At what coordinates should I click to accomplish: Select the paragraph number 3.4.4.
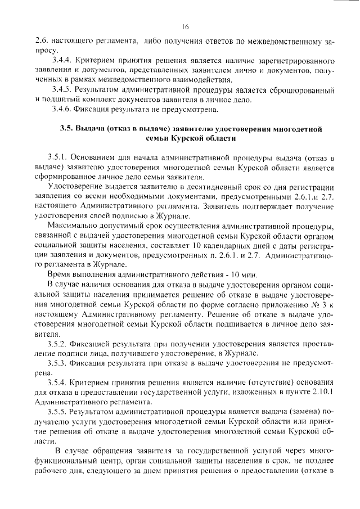click(x=60, y=60)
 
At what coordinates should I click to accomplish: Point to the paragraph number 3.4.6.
click(x=60, y=109)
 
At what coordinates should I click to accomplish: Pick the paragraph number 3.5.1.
click(x=60, y=158)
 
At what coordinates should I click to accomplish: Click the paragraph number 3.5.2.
click(x=60, y=344)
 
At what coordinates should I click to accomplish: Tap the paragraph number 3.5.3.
click(x=60, y=363)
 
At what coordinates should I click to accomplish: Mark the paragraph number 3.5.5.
click(x=60, y=412)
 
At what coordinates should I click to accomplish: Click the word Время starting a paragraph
click(x=61, y=275)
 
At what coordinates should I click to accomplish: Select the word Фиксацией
click(x=95, y=344)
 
